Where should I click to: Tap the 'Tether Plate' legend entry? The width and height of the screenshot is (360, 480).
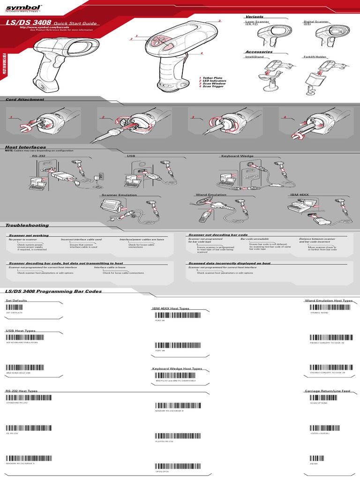[211, 78]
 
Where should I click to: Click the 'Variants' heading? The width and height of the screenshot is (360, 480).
[255, 17]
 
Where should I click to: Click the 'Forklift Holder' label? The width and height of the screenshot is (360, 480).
[315, 57]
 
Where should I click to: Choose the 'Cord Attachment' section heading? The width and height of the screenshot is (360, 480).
[25, 99]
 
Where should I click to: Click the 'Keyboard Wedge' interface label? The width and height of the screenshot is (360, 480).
[237, 156]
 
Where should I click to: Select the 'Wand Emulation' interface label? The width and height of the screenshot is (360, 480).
[211, 194]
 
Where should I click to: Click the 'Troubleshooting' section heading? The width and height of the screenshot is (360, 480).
[27, 225]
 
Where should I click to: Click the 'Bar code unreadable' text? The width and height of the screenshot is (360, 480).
[255, 239]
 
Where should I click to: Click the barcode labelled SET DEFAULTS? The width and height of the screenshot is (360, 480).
[34, 306]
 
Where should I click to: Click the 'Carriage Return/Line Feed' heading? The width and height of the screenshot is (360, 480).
[327, 390]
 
